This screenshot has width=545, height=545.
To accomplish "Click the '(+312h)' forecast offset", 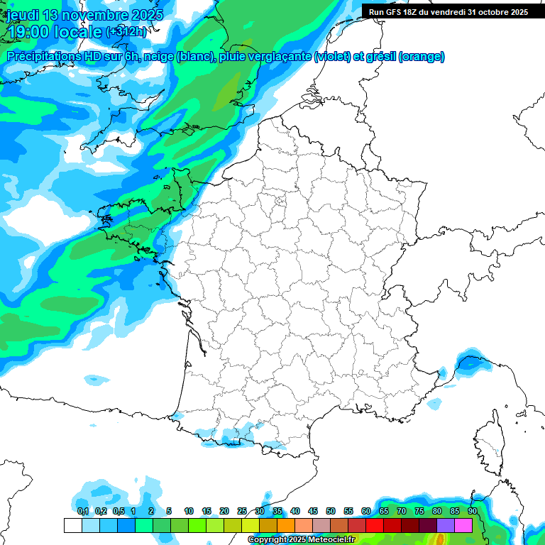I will click(x=126, y=31).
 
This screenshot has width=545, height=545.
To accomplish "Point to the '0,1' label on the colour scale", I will click(x=82, y=511).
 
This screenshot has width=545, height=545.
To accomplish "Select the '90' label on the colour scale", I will click(x=472, y=511).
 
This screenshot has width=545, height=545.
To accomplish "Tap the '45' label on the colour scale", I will click(x=313, y=511).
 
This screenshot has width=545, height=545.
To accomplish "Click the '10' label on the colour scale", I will click(x=189, y=511).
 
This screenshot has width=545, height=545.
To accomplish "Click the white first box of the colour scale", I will click(x=72, y=525).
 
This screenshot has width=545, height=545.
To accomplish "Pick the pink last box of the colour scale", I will click(x=463, y=525).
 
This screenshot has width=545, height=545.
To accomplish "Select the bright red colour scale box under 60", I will click(x=375, y=525).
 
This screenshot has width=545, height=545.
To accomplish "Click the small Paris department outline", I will click(x=280, y=202).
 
